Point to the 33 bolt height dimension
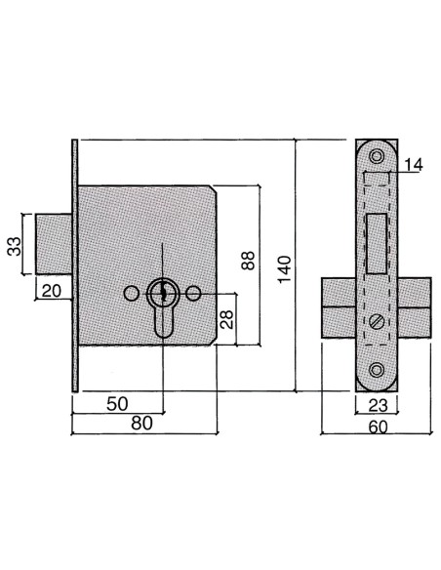click(x=15, y=244)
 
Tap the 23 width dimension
click(x=375, y=403)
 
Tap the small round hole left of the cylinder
click(x=130, y=293)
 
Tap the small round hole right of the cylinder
click(x=195, y=293)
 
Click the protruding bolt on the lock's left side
click(x=55, y=244)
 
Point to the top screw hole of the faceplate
click(x=376, y=153)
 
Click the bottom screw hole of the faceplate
click(x=376, y=369)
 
